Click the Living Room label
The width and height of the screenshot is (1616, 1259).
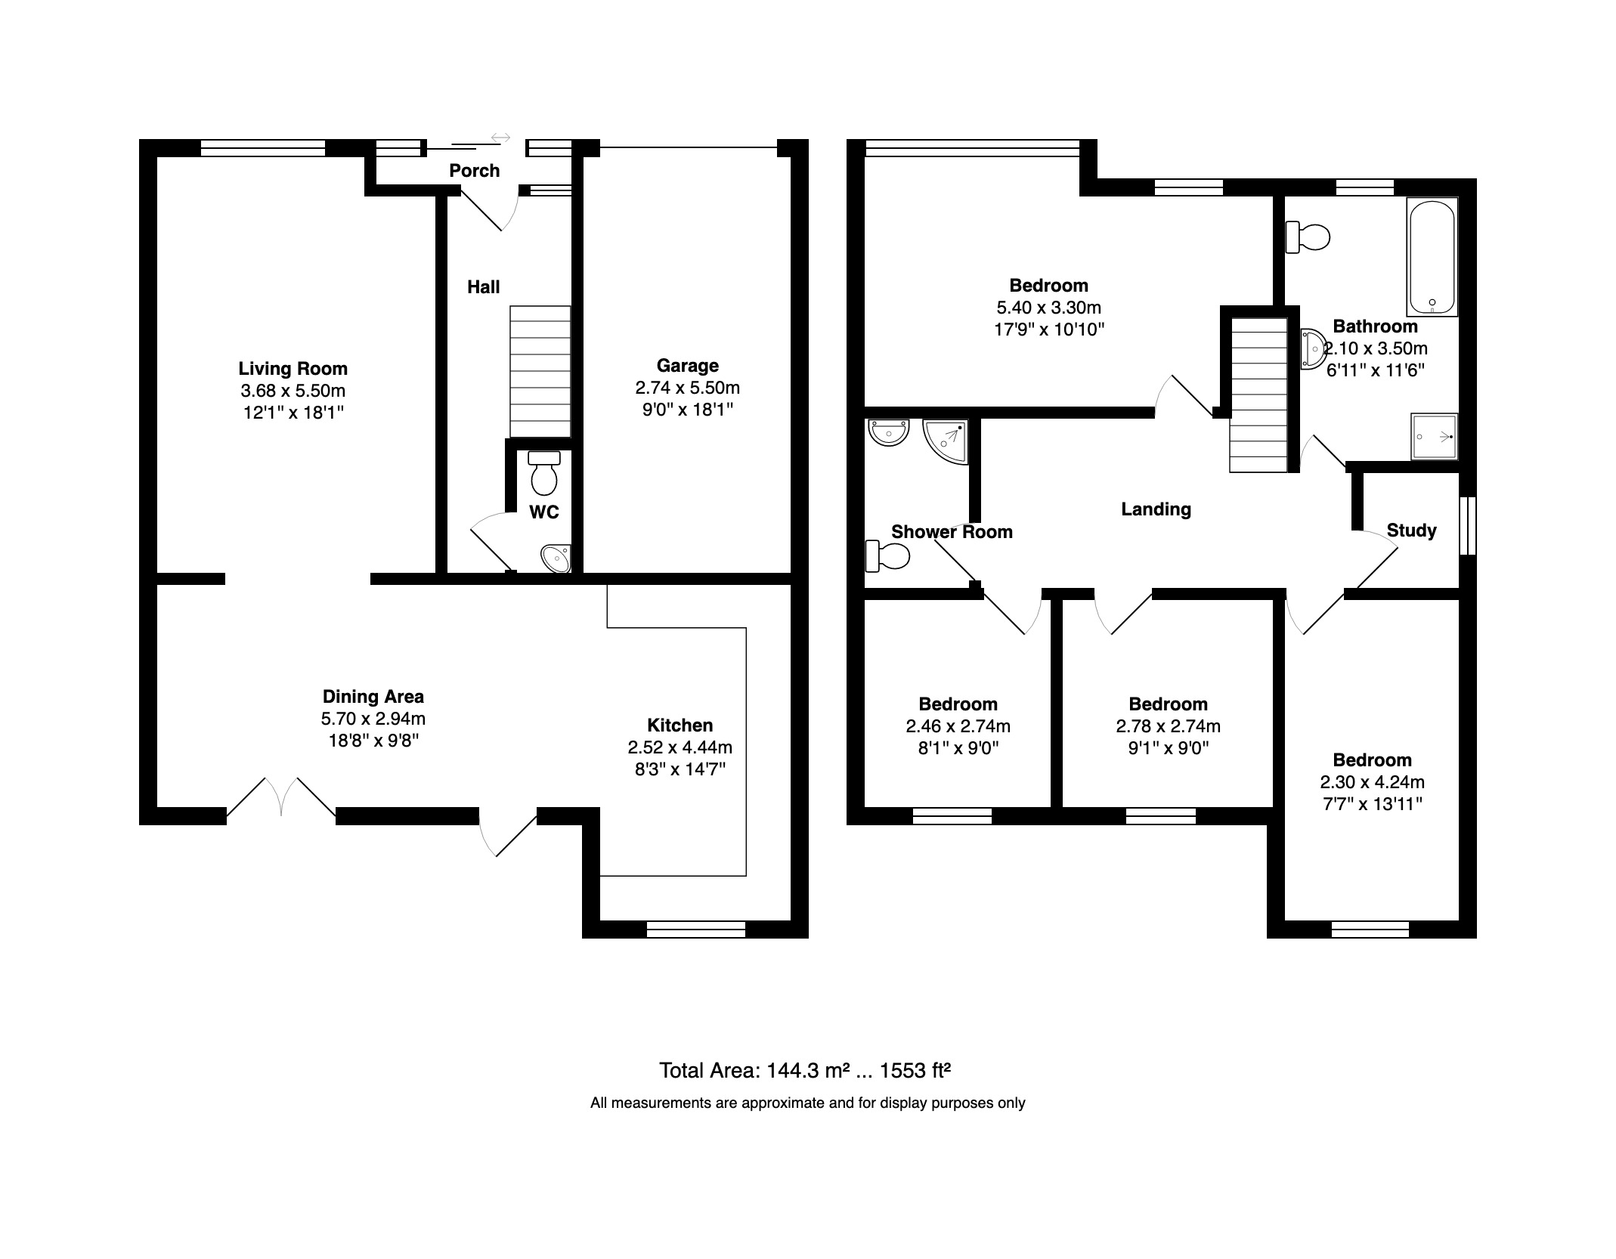(x=293, y=369)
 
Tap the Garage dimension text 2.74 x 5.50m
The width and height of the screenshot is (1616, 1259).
(x=687, y=388)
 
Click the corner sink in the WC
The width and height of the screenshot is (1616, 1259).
(x=557, y=559)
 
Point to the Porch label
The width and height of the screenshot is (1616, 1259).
(x=475, y=171)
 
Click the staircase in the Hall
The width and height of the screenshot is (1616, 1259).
(x=540, y=372)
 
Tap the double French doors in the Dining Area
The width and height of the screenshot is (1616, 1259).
(x=281, y=797)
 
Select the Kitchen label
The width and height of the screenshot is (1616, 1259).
(x=680, y=725)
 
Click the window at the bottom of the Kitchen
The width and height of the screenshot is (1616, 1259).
(x=696, y=930)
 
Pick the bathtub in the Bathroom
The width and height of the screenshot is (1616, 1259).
(x=1432, y=257)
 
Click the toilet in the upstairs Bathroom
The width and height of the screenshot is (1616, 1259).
(x=1308, y=237)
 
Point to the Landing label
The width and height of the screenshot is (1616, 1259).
(x=1156, y=509)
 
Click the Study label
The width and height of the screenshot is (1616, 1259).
(x=1411, y=531)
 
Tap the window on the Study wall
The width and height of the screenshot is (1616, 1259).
(x=1468, y=525)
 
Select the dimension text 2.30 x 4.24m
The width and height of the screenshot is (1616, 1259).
(x=1373, y=783)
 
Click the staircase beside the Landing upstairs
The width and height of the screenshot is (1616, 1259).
(x=1258, y=394)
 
